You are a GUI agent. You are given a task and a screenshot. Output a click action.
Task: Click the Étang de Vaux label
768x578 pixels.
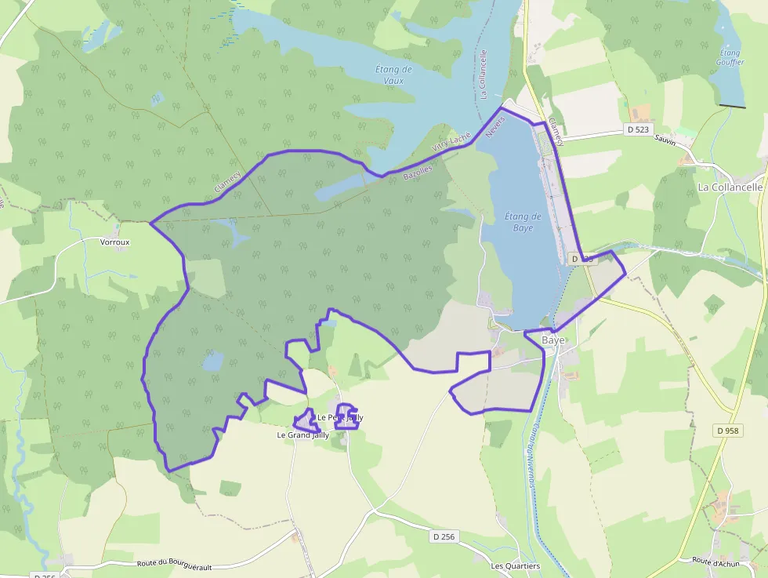pos(393,75)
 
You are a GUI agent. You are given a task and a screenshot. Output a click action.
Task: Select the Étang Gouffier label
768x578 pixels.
pos(730,57)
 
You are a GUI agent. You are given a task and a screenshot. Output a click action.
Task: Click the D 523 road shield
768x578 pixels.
pos(638,129)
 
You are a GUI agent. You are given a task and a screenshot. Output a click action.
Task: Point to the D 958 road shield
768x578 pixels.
pos(727,431)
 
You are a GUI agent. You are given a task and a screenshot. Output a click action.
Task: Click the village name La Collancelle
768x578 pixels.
pos(730,187)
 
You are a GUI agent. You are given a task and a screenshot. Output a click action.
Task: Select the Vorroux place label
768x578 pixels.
pos(115,242)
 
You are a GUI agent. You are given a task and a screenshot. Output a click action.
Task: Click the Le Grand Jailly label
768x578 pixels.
pos(303,434)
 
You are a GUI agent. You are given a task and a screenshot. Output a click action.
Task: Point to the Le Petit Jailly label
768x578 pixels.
pos(339,417)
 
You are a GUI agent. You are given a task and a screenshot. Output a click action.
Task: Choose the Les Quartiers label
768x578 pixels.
pos(515,565)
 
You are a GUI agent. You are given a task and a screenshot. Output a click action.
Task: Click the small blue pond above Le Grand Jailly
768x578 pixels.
pos(212,362)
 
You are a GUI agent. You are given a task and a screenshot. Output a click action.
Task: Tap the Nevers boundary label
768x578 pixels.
pos(493,128)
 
